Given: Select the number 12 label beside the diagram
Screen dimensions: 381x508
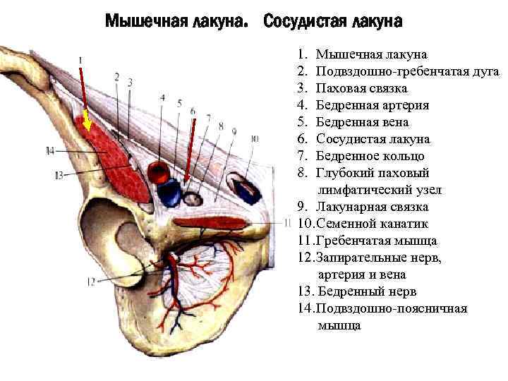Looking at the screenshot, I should [90, 281].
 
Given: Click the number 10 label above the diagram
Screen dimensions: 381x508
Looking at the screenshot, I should [254, 139].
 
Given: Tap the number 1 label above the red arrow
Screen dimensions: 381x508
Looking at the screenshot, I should [80, 60].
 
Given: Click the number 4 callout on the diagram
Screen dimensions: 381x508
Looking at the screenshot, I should [162, 97].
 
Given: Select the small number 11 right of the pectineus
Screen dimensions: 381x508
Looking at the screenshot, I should [287, 223].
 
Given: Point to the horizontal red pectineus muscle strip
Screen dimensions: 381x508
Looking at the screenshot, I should [212, 224].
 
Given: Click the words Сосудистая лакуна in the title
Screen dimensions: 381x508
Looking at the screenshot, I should [333, 22].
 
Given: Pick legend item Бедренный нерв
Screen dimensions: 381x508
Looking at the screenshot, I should [367, 291].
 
